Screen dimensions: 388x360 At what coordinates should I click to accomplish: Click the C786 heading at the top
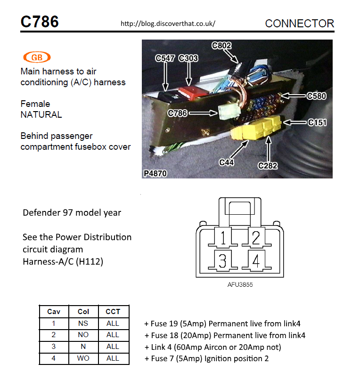coord(40,22)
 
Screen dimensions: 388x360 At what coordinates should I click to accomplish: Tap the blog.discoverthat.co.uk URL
coord(168,23)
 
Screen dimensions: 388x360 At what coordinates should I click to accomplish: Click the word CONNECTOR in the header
coord(299,24)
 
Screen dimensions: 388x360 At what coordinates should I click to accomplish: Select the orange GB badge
coord(36,57)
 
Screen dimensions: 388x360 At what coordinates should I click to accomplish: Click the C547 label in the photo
coord(165,58)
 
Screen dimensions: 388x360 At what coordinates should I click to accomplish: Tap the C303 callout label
coord(188,58)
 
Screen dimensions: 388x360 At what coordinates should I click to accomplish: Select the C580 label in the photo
coord(316,96)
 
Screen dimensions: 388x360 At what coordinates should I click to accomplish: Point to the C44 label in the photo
coord(227,162)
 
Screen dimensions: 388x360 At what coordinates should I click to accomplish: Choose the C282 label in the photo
coord(268,165)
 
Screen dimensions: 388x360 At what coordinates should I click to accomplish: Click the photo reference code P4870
coord(155,174)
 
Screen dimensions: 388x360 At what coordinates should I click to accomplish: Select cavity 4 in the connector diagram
coord(255,261)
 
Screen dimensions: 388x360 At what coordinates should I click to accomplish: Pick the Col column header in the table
coord(83,312)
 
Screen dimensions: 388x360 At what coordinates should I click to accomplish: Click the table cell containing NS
coord(83,323)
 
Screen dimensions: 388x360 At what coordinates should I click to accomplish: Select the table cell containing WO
coord(83,358)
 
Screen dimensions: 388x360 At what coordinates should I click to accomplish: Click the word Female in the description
coord(35,104)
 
